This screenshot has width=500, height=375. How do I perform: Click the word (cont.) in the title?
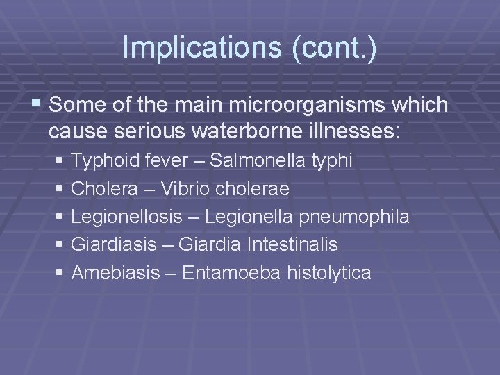pos(332,48)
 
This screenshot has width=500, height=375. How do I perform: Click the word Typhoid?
pos(101,161)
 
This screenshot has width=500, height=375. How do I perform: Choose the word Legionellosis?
pos(126,217)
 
